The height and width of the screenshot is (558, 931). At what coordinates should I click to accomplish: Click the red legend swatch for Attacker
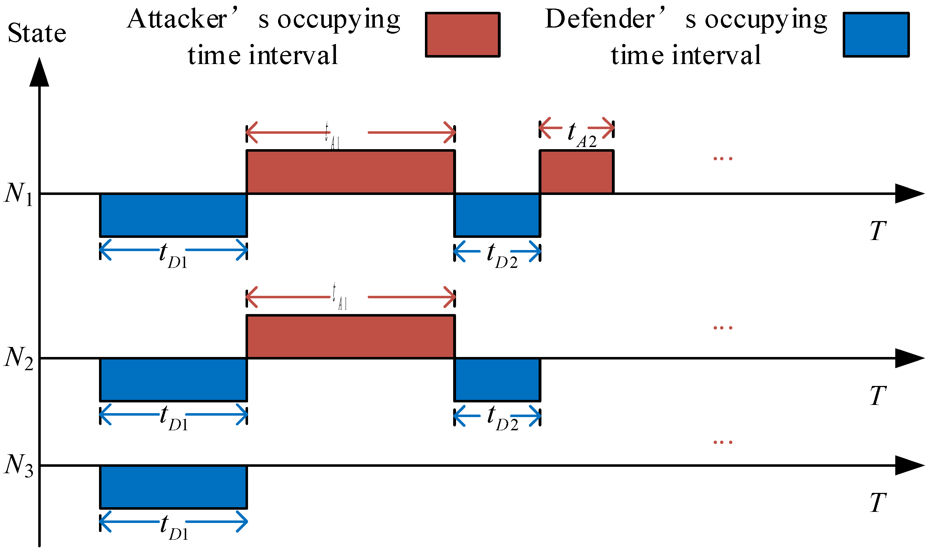[x=462, y=35]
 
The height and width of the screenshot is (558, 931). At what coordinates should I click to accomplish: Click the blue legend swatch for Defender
[x=876, y=35]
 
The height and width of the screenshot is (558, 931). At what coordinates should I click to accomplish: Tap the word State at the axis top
[x=37, y=33]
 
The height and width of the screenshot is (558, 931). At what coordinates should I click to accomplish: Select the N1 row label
[x=18, y=194]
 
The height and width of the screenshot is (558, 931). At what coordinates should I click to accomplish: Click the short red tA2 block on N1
[x=576, y=172]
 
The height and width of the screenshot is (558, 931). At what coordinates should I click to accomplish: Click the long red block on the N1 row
[x=350, y=172]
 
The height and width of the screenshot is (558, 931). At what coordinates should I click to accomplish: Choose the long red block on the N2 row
[x=350, y=337]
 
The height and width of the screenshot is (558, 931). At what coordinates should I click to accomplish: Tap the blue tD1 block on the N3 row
[x=173, y=487]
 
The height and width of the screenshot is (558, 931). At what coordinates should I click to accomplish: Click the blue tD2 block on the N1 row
[x=497, y=215]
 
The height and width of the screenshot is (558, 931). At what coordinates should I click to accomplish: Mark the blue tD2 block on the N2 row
[x=497, y=380]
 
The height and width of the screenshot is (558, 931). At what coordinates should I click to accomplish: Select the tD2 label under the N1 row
[x=501, y=256]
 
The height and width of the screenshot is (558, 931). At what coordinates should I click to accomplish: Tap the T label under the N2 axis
[x=878, y=396]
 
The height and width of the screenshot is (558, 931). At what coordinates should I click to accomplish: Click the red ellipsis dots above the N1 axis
[x=723, y=159]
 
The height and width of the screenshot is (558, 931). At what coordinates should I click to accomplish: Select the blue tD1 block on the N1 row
[x=173, y=215]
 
